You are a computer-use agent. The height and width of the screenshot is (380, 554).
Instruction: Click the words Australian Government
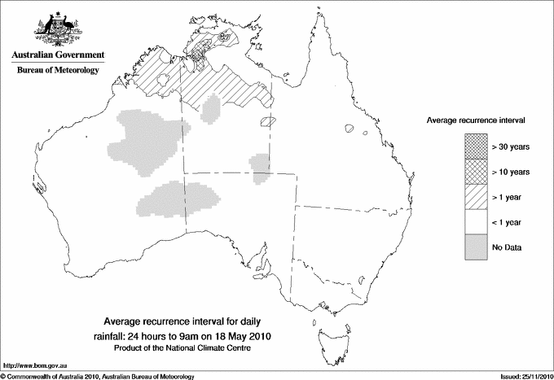point(57,55)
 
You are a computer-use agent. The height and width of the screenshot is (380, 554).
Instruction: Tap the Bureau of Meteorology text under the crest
point(58,71)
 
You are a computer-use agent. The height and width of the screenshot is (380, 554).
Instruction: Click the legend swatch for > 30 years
point(476,146)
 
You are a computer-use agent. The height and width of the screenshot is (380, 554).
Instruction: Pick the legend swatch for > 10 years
point(476,172)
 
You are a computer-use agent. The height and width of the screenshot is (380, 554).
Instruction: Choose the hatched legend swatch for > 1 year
point(476,197)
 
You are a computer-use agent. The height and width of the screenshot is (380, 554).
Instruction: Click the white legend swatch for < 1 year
point(476,222)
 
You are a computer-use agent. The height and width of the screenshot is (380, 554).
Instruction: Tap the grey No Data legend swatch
point(476,247)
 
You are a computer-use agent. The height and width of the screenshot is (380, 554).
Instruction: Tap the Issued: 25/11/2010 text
point(521,375)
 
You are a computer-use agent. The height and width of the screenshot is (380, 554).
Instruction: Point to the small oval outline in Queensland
point(351,129)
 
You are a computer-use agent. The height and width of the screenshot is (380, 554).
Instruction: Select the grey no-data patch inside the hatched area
point(211,107)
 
